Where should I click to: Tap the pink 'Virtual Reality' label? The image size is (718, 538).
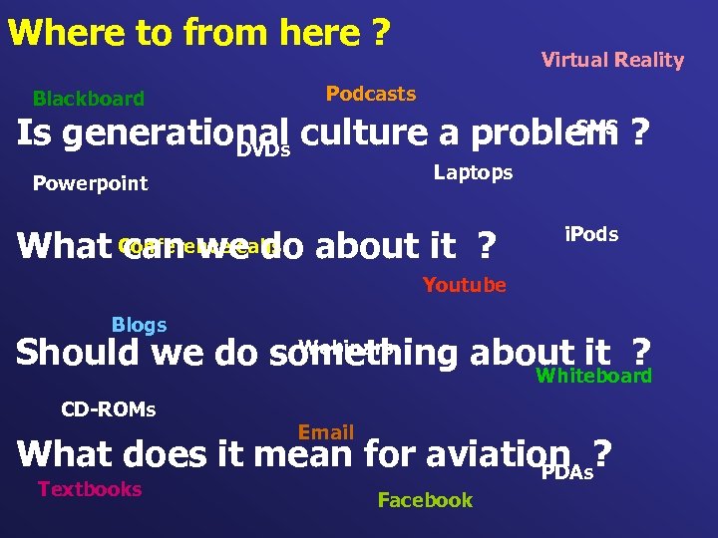tap(612, 61)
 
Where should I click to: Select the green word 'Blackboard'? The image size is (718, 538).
tap(89, 99)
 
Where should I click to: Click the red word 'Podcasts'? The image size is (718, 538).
tap(371, 95)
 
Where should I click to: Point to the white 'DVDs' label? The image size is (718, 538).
tap(263, 150)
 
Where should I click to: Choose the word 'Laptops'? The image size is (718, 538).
tap(473, 173)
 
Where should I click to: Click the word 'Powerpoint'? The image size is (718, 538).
tap(90, 183)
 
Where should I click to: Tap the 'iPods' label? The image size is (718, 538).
tap(591, 235)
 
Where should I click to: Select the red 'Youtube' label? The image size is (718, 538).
tap(464, 286)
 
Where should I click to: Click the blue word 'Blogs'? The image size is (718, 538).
tap(139, 326)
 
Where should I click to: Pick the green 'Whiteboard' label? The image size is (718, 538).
tap(593, 376)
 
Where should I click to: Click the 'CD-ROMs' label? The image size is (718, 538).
tap(109, 409)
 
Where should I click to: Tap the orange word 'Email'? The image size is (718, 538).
tap(326, 432)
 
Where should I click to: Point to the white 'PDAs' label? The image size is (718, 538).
tap(566, 472)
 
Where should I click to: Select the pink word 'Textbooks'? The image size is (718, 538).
tap(90, 489)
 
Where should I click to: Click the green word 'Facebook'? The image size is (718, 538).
tap(425, 500)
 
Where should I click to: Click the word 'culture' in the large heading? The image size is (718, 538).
tap(362, 134)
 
